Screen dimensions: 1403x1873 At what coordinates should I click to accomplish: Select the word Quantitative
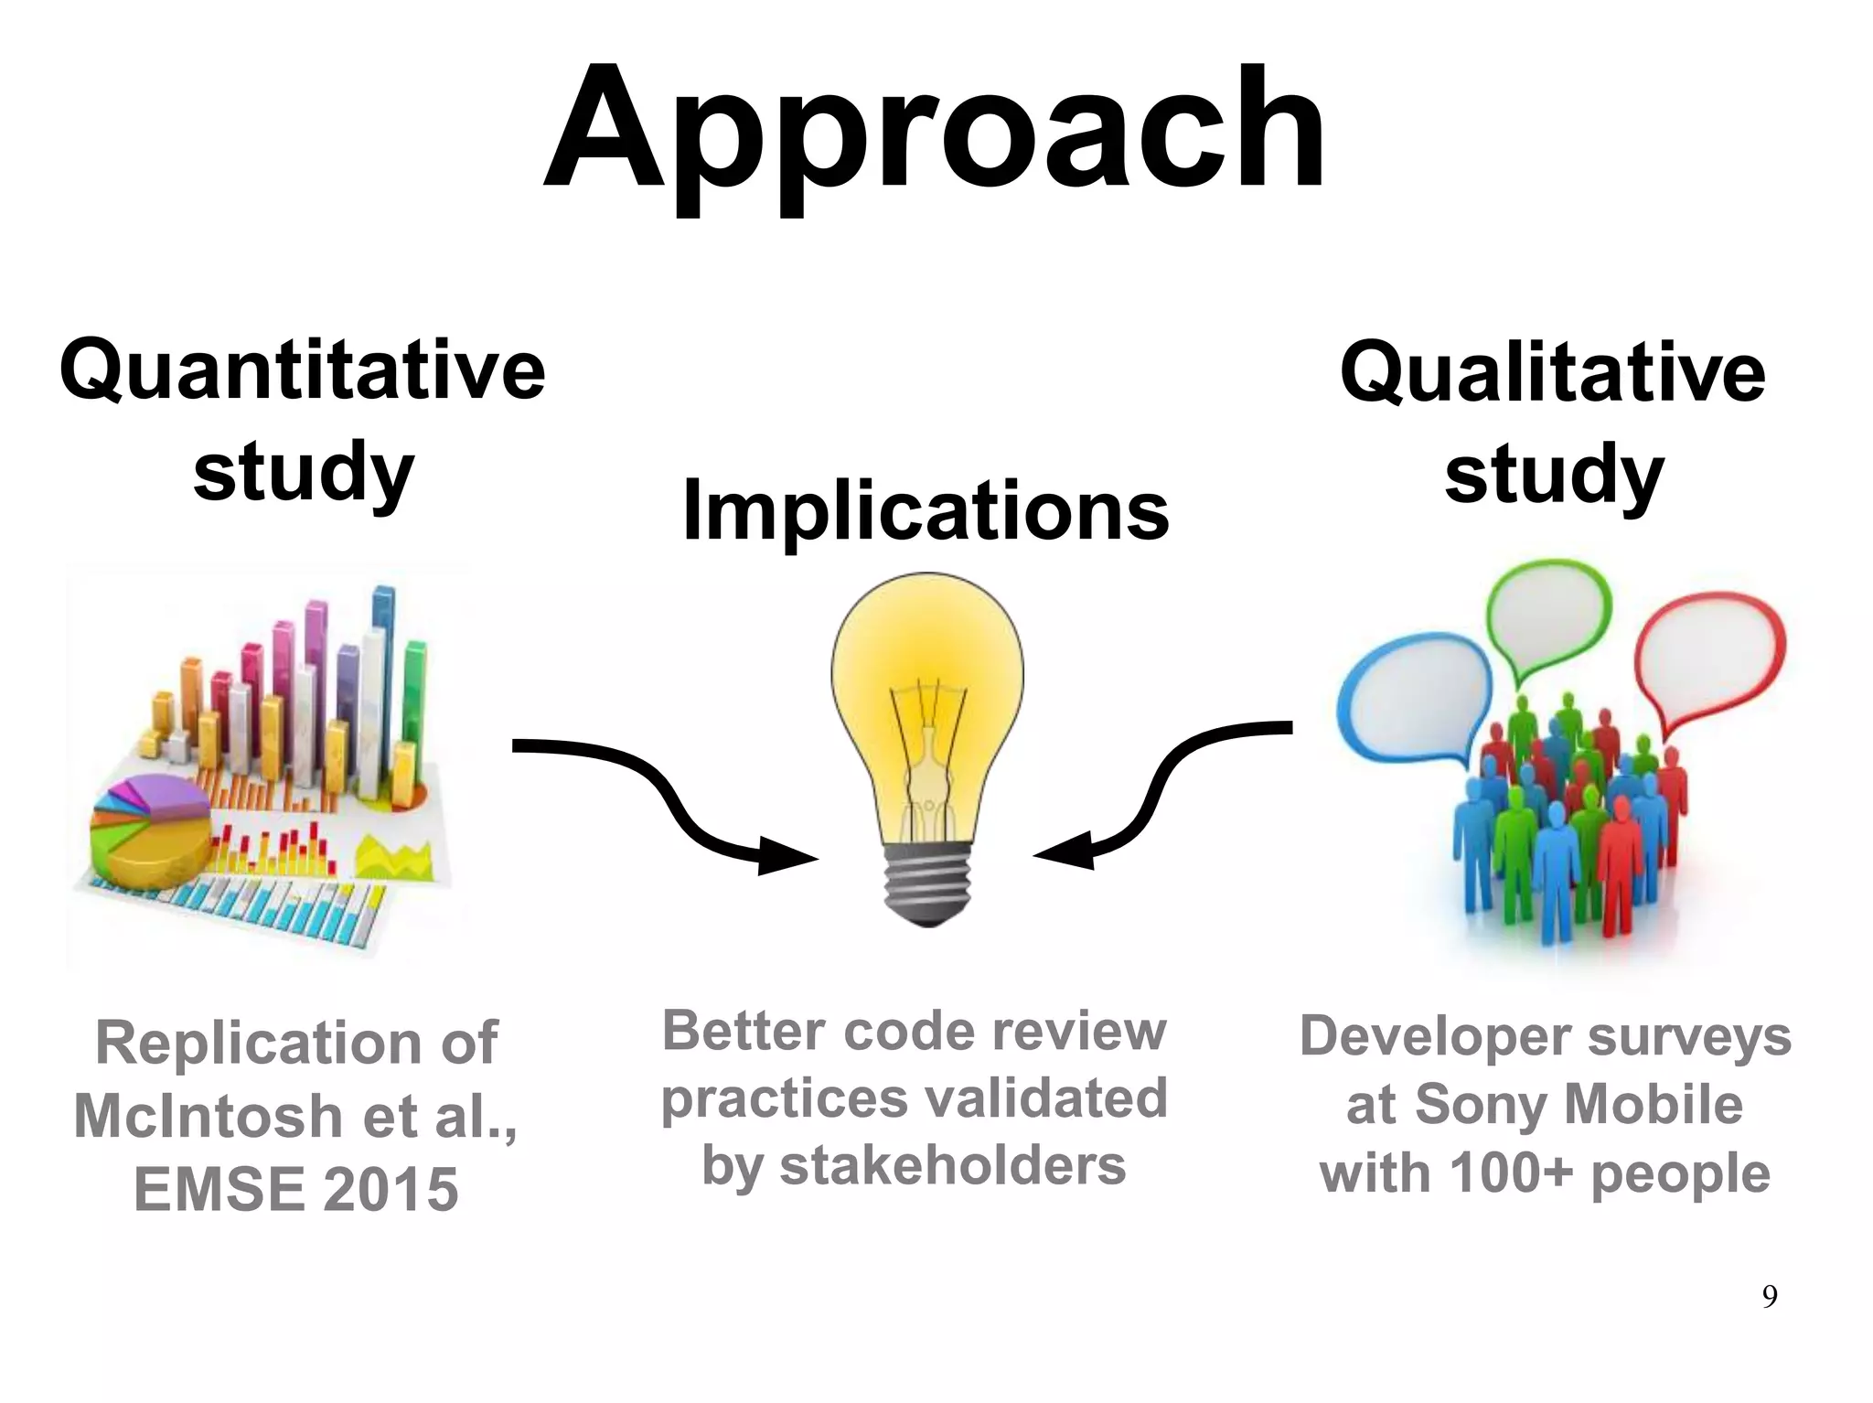(x=302, y=369)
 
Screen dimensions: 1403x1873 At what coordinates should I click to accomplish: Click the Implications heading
(x=926, y=510)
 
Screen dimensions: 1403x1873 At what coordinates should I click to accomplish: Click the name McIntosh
(x=207, y=1117)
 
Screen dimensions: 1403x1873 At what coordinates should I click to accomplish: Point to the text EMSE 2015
(x=295, y=1190)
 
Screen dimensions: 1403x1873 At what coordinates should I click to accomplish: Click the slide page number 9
(x=1769, y=1297)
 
